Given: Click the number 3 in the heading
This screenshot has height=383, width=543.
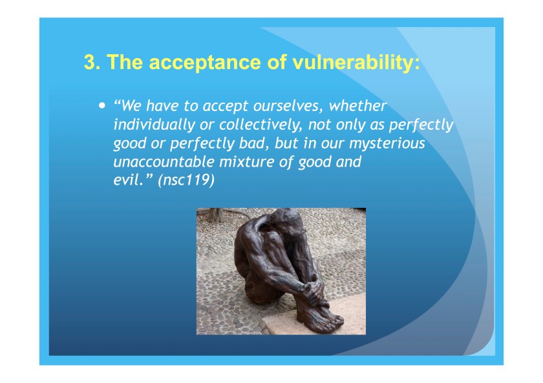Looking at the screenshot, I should pos(90,63).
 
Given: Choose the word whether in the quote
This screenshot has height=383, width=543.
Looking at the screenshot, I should pos(358,106).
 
